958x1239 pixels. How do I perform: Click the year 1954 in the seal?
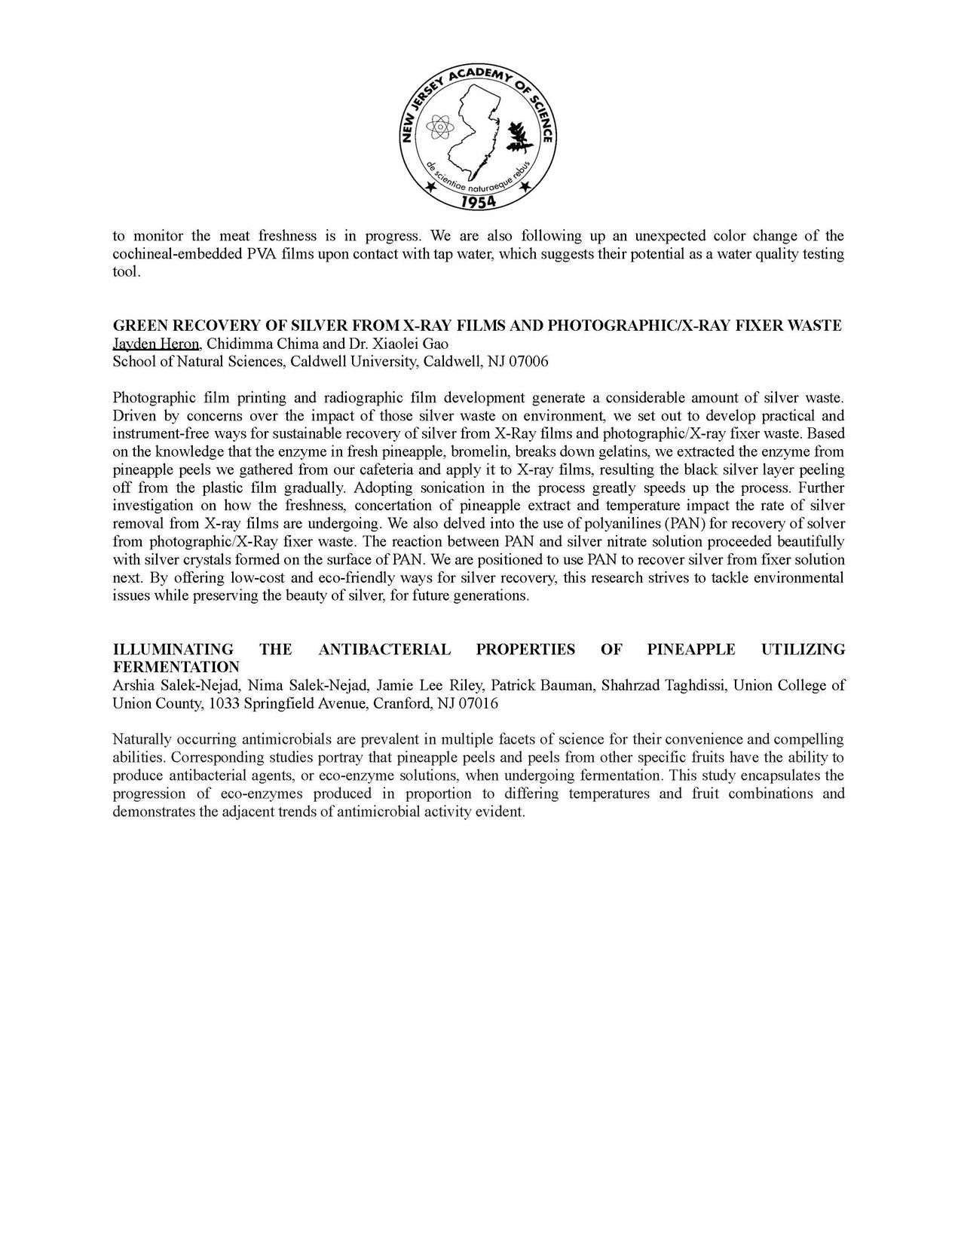point(476,201)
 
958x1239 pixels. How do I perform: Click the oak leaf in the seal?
point(519,136)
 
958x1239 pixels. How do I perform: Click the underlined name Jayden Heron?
point(156,344)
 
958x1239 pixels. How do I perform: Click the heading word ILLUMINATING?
point(173,650)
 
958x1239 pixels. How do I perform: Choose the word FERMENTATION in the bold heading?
point(176,668)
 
